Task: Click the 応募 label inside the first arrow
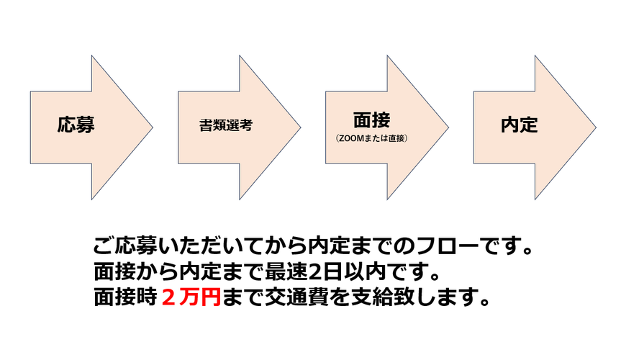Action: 76,125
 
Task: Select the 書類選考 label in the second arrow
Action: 226,125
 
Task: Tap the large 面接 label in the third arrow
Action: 371,120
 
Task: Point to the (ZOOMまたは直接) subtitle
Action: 371,138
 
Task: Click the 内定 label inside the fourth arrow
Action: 520,125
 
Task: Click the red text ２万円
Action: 191,297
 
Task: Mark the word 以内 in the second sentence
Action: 364,271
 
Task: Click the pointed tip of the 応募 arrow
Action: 153,127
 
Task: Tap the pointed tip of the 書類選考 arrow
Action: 300,127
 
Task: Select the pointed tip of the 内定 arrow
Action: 596,127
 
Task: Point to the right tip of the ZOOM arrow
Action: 448,127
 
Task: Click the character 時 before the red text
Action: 147,297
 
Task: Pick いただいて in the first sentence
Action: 210,246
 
